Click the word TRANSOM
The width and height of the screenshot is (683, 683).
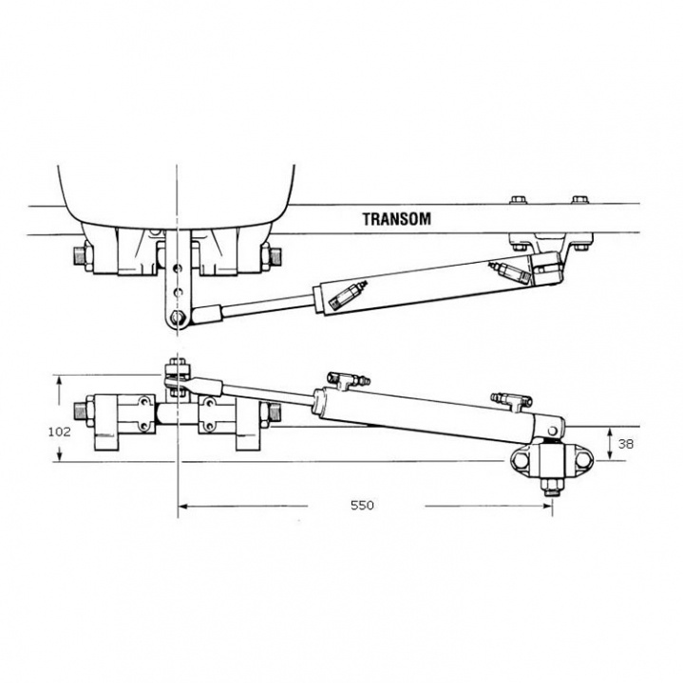click(x=396, y=219)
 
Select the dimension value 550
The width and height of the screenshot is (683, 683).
click(x=362, y=506)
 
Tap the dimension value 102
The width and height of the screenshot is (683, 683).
click(x=59, y=432)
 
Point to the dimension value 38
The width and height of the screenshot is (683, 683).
click(x=625, y=444)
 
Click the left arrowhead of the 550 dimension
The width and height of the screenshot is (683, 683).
click(x=183, y=507)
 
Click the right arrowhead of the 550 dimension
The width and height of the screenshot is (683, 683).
click(x=547, y=507)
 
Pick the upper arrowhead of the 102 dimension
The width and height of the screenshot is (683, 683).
click(x=60, y=379)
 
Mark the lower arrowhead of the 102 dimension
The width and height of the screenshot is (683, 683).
click(x=60, y=455)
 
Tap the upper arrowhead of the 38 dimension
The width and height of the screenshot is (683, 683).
click(x=610, y=433)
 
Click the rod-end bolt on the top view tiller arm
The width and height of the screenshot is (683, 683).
click(x=176, y=317)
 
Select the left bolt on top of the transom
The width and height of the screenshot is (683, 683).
click(x=518, y=200)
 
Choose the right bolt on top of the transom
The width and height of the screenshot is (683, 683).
click(x=580, y=200)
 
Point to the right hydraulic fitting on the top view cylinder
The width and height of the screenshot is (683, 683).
click(x=509, y=272)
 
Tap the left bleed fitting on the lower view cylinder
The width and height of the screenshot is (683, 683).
click(x=348, y=379)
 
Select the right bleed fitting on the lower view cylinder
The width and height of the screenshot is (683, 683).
click(x=511, y=399)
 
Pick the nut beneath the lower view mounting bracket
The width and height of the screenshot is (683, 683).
click(x=552, y=487)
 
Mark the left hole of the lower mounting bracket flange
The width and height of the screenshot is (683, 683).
click(x=521, y=459)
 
